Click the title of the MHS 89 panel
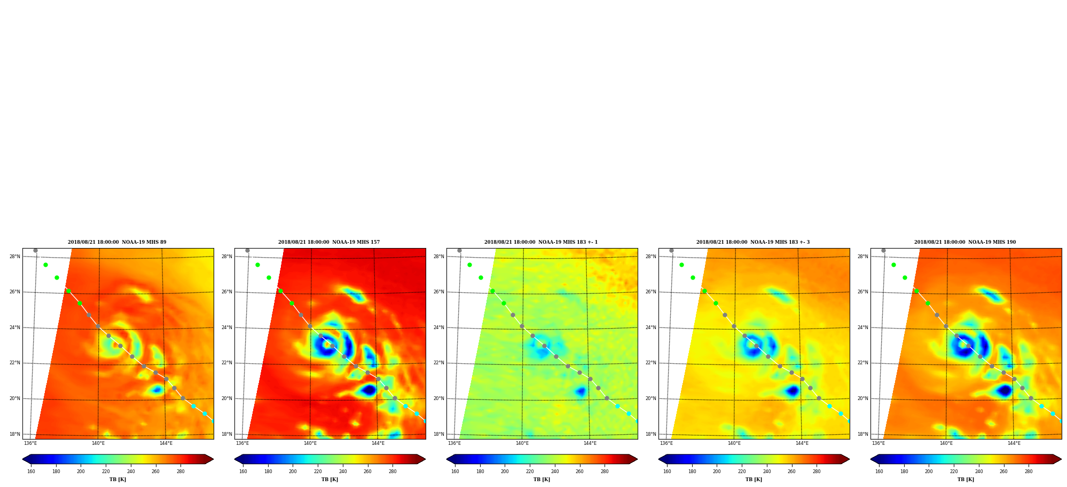[x=117, y=242]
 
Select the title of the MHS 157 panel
[x=329, y=242]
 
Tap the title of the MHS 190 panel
[x=965, y=242]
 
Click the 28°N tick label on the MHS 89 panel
[x=15, y=257]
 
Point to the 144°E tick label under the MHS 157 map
[x=378, y=443]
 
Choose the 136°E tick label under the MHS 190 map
[x=878, y=443]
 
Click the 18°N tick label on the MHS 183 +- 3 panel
[x=651, y=434]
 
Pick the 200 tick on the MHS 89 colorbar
[x=81, y=472]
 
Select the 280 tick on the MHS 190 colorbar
[x=1029, y=472]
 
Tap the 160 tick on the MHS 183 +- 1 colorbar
[x=455, y=472]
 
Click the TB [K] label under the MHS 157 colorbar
[x=329, y=480]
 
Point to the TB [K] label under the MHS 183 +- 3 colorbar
[x=754, y=480]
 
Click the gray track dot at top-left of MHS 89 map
[x=35, y=250]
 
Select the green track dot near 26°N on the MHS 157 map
[x=280, y=291]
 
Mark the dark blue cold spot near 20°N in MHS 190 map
[x=1005, y=391]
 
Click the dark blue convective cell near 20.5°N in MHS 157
[x=369, y=390]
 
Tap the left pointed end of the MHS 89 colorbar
[x=23, y=459]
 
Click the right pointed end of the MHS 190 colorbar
[x=1061, y=459]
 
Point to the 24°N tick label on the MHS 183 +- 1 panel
[x=439, y=328]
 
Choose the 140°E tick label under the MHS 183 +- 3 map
[x=734, y=443]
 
